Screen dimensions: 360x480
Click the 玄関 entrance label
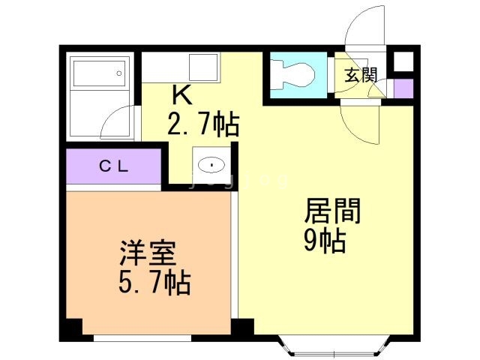361,74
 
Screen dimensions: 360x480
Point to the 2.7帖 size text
202,122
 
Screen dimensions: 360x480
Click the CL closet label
114,166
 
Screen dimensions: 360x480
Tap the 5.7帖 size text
153,283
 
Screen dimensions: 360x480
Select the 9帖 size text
324,241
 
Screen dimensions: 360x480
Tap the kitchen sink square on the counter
203,67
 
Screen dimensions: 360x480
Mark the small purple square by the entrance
403,88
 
